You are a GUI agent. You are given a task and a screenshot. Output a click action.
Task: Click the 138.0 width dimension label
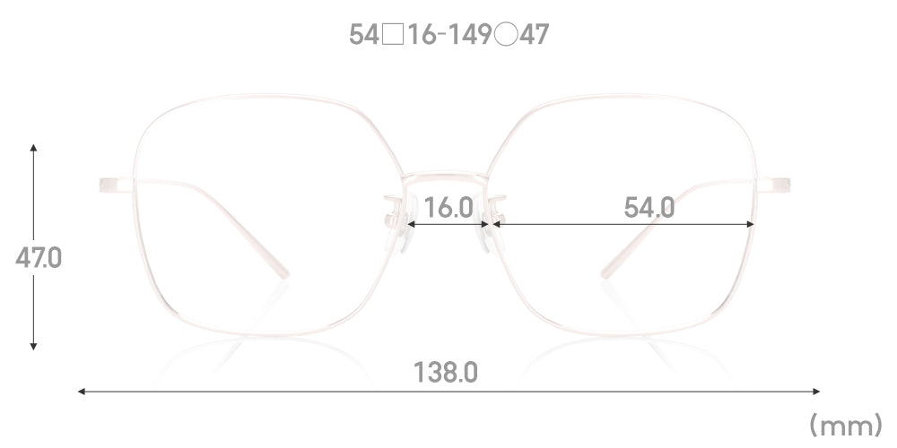[445, 373]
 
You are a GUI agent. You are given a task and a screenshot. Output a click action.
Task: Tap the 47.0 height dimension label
[39, 258]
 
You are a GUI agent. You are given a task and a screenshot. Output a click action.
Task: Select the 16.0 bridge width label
[448, 208]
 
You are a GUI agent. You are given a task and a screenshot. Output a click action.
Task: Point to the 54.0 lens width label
[649, 208]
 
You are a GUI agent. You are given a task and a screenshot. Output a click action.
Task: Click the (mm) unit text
[846, 425]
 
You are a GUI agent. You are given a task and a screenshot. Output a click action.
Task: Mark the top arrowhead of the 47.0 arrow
[34, 148]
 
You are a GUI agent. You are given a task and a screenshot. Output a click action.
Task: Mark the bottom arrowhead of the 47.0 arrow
[34, 346]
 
